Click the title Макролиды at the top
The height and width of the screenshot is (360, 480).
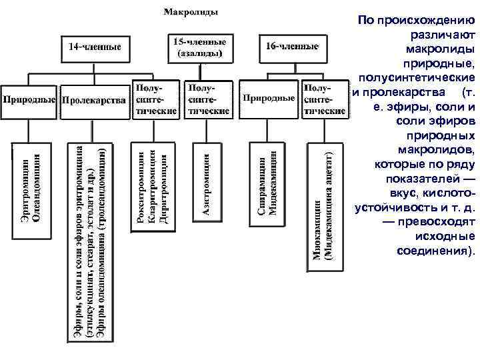click(191, 12)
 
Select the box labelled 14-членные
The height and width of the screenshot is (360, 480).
click(95, 47)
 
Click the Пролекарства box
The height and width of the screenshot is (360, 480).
click(94, 100)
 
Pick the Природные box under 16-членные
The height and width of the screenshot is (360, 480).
click(268, 99)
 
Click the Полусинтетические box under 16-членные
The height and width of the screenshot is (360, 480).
click(324, 99)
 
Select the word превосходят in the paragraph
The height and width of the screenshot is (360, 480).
click(437, 222)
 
